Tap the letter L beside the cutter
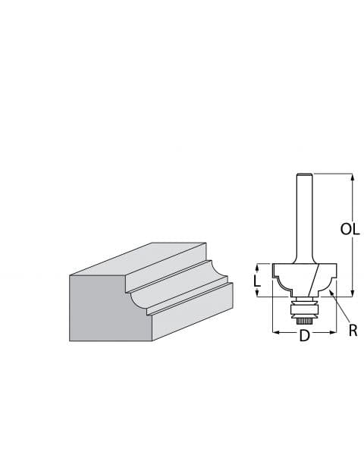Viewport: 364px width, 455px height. tap(258, 280)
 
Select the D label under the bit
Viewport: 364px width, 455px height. tap(304, 334)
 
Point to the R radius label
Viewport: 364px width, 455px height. tap(352, 330)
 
